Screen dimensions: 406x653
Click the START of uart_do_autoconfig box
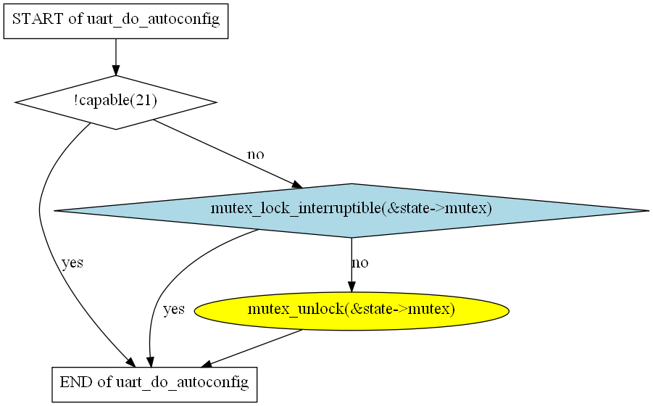[116, 20]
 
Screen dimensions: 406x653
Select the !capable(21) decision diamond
[116, 102]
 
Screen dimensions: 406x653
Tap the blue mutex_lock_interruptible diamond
[352, 210]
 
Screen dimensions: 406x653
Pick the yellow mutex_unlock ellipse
[352, 310]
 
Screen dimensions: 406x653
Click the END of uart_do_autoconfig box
[154, 382]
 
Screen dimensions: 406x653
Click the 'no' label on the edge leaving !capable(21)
[256, 154]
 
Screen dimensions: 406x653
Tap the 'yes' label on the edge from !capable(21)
[72, 262]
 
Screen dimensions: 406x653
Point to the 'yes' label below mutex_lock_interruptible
[173, 310]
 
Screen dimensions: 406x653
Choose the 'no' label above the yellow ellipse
[359, 262]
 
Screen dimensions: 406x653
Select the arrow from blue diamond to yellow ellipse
[352, 265]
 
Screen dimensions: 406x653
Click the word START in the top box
[38, 20]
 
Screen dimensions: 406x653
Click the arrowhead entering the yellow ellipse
[352, 287]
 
